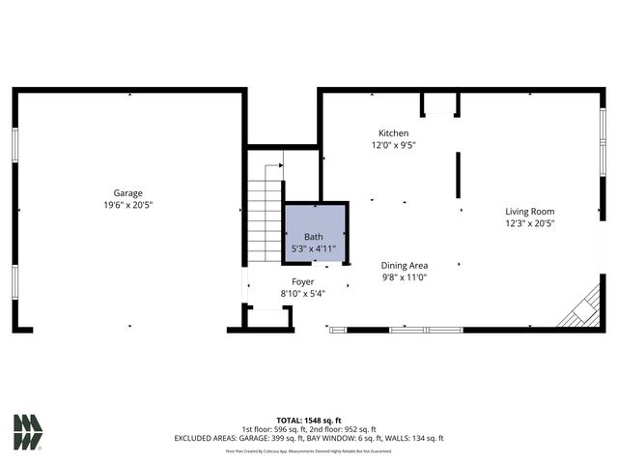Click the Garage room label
pyautogui.click(x=128, y=192)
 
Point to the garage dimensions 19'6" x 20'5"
pyautogui.click(x=128, y=205)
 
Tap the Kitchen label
pyautogui.click(x=393, y=133)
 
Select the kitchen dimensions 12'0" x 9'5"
pyautogui.click(x=393, y=146)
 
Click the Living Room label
pyautogui.click(x=530, y=211)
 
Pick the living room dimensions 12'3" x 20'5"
pyautogui.click(x=530, y=223)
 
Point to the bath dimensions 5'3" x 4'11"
pyautogui.click(x=314, y=248)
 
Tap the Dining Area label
pyautogui.click(x=405, y=265)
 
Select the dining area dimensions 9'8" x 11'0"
pyautogui.click(x=405, y=277)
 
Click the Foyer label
pyautogui.click(x=302, y=281)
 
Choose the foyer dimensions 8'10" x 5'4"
pyautogui.click(x=302, y=294)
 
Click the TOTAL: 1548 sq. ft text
pyautogui.click(x=309, y=420)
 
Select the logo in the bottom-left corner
pyautogui.click(x=28, y=432)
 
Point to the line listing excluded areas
pyautogui.click(x=309, y=438)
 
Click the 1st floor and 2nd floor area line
pyautogui.click(x=309, y=429)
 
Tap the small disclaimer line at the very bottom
pyautogui.click(x=309, y=450)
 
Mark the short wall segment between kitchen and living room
pyautogui.click(x=458, y=174)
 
